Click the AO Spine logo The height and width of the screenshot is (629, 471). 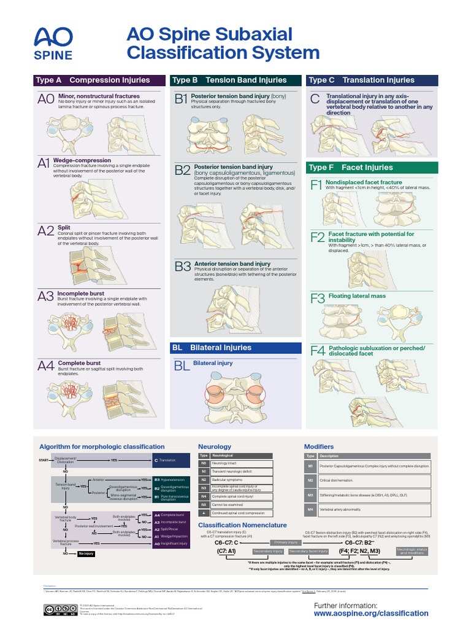pos(53,44)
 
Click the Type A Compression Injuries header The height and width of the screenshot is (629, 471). pos(99,80)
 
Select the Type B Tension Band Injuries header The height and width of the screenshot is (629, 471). pos(235,80)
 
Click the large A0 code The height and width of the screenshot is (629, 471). pos(46,100)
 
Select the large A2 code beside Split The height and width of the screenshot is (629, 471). pos(46,231)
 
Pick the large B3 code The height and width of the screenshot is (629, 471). pos(183,267)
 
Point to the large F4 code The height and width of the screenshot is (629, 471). pos(317,351)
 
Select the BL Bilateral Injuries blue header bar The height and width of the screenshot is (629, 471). pos(235,348)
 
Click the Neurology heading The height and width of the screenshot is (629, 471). pos(215,447)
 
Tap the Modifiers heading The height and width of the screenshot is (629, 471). pos(319,447)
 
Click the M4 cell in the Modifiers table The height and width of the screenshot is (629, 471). pos(310,509)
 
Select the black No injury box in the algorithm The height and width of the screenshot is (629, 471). pos(86,554)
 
